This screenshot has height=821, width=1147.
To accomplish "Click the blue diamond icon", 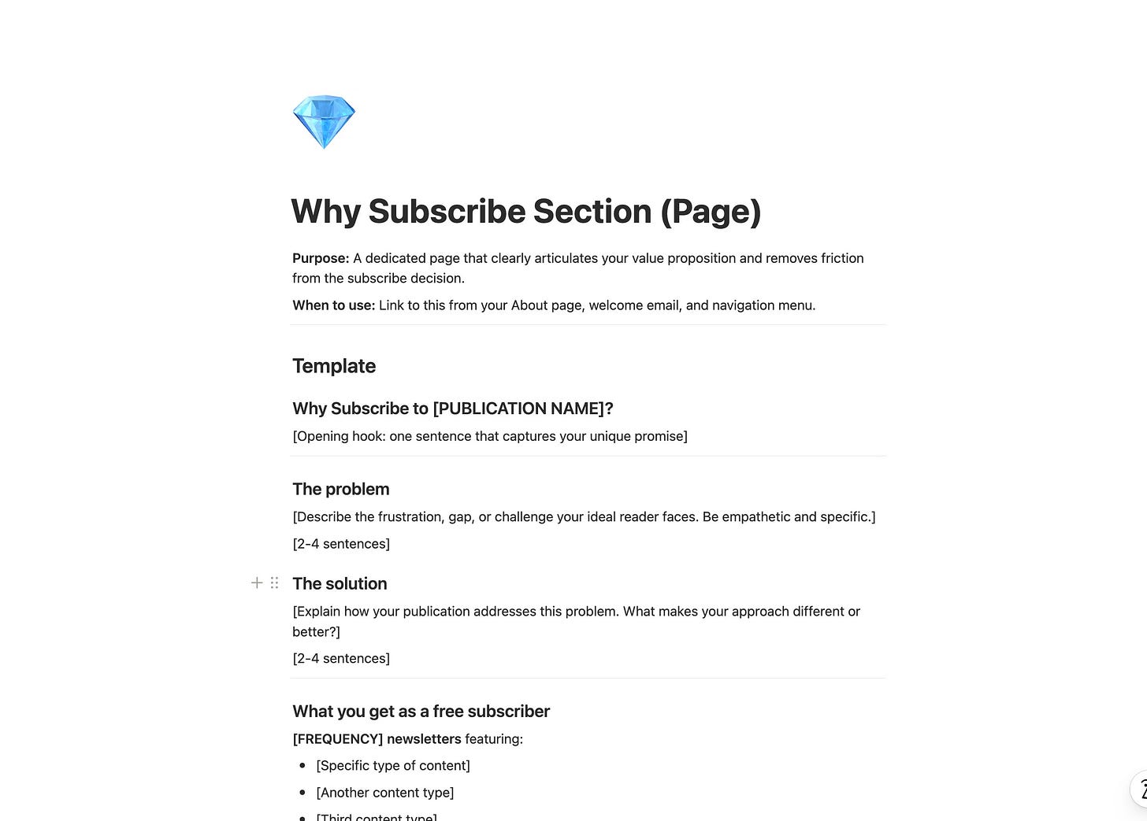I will (324, 122).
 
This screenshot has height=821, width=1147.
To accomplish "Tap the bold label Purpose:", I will (321, 258).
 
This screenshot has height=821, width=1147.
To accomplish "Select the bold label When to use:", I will (333, 305).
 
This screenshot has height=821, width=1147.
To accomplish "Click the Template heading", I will (334, 366).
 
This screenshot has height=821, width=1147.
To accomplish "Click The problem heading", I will (341, 489).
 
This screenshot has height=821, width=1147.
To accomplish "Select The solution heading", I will (340, 583).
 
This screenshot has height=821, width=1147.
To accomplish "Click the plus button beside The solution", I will (257, 582).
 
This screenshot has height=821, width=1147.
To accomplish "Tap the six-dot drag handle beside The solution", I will (274, 582).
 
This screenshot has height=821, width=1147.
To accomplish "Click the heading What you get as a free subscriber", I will (421, 712).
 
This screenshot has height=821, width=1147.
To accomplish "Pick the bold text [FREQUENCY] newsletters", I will (377, 739).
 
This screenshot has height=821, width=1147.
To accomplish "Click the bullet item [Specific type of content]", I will (393, 766).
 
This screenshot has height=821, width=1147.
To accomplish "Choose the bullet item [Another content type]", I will (385, 793).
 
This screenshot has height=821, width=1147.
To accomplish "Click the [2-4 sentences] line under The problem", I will (341, 544).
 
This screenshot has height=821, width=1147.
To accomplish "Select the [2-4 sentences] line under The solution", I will (341, 659).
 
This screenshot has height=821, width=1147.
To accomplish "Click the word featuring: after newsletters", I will (494, 739).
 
